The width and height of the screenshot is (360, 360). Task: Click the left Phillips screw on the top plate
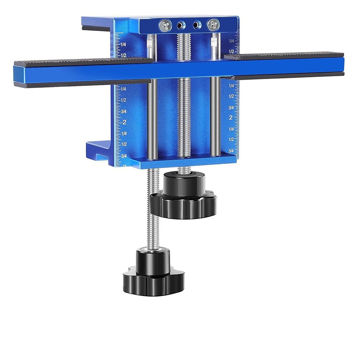(x=165, y=25)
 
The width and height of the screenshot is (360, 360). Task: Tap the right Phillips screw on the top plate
(x=213, y=24)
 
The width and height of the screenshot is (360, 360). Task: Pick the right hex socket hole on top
(x=196, y=25)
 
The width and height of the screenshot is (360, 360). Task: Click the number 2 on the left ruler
(x=124, y=122)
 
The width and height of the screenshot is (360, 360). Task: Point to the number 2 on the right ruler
(x=231, y=118)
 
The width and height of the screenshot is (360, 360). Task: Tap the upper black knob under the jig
(x=184, y=196)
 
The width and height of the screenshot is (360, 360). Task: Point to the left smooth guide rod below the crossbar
(x=152, y=119)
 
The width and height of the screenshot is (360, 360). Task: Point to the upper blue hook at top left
(x=95, y=23)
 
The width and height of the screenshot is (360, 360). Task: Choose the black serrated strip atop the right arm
(x=284, y=54)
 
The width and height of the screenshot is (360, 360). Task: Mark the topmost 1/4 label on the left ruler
(x=123, y=44)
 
